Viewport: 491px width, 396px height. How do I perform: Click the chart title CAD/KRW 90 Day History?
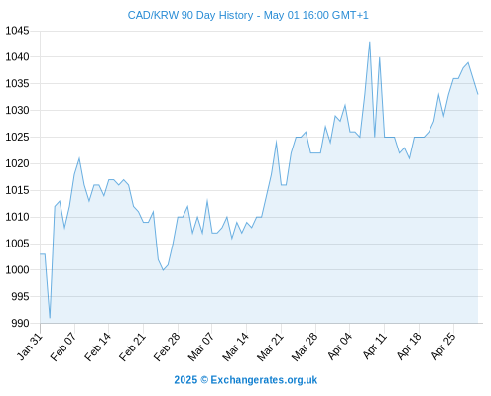click(x=190, y=15)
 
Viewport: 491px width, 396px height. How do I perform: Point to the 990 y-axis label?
click(x=20, y=323)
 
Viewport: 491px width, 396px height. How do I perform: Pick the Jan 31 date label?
click(x=30, y=346)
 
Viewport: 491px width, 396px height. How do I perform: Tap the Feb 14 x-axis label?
click(x=98, y=346)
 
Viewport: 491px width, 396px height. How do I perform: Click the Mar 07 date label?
click(x=201, y=346)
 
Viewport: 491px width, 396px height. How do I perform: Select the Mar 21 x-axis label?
click(x=271, y=346)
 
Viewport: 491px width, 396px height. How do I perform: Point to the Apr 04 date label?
click(x=339, y=346)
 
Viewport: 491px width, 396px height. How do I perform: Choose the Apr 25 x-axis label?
click(x=443, y=346)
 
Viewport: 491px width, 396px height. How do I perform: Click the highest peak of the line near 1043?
click(x=370, y=42)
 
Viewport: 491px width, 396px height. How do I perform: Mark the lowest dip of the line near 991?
click(x=50, y=318)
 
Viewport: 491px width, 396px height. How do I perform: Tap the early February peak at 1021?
click(x=79, y=158)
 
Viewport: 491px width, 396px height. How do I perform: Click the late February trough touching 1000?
click(x=163, y=270)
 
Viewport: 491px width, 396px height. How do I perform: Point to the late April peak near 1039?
click(x=468, y=62)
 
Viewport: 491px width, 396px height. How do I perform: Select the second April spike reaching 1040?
click(x=380, y=57)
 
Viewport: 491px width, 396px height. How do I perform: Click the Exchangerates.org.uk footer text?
click(x=264, y=380)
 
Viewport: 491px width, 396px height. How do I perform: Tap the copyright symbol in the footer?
click(x=204, y=380)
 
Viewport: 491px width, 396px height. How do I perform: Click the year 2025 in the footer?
click(x=185, y=380)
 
